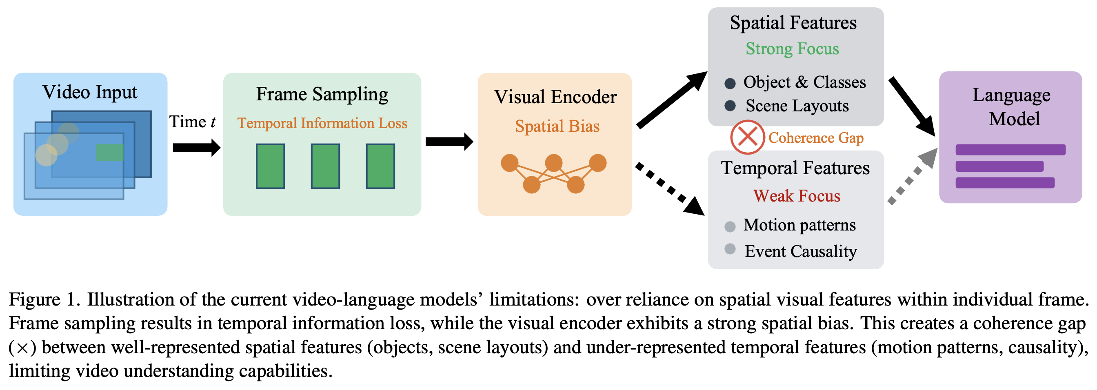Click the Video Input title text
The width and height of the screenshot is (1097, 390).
(90, 92)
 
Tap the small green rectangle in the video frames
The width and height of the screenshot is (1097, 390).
(109, 152)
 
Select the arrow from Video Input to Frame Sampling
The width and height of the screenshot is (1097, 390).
(196, 148)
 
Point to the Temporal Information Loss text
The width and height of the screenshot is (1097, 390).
(322, 123)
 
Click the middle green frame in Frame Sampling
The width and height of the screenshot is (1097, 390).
(325, 166)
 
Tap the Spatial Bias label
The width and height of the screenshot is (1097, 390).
(557, 126)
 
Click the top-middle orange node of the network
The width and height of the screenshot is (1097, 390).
(554, 163)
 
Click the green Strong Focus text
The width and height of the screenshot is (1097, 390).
(792, 49)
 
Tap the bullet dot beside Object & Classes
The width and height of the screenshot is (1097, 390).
(730, 83)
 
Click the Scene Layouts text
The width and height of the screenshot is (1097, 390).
(797, 106)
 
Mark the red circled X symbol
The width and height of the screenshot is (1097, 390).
(747, 137)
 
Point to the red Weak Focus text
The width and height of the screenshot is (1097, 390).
(796, 196)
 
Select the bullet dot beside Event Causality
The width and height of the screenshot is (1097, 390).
(730, 249)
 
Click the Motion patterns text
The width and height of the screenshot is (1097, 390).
(799, 225)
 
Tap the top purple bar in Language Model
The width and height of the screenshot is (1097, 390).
(1010, 150)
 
